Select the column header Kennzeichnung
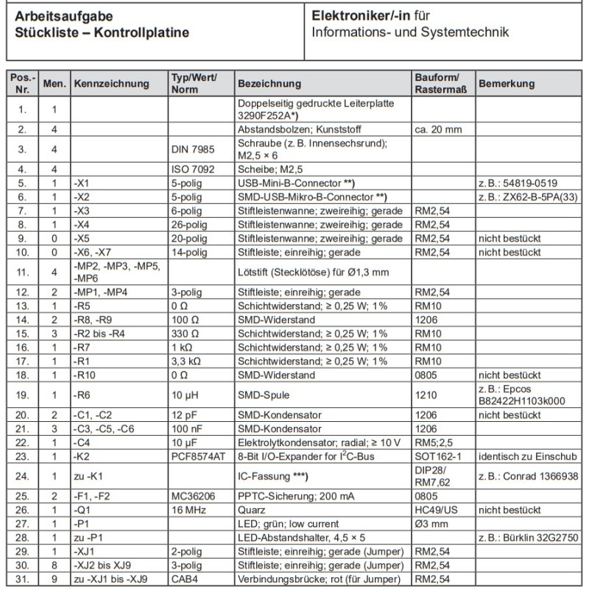click(x=111, y=84)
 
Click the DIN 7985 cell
click(x=192, y=149)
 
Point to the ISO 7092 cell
click(x=192, y=169)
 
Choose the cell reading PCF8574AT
click(x=197, y=456)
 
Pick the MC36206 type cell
click(x=193, y=495)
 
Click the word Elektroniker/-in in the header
click(x=360, y=15)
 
